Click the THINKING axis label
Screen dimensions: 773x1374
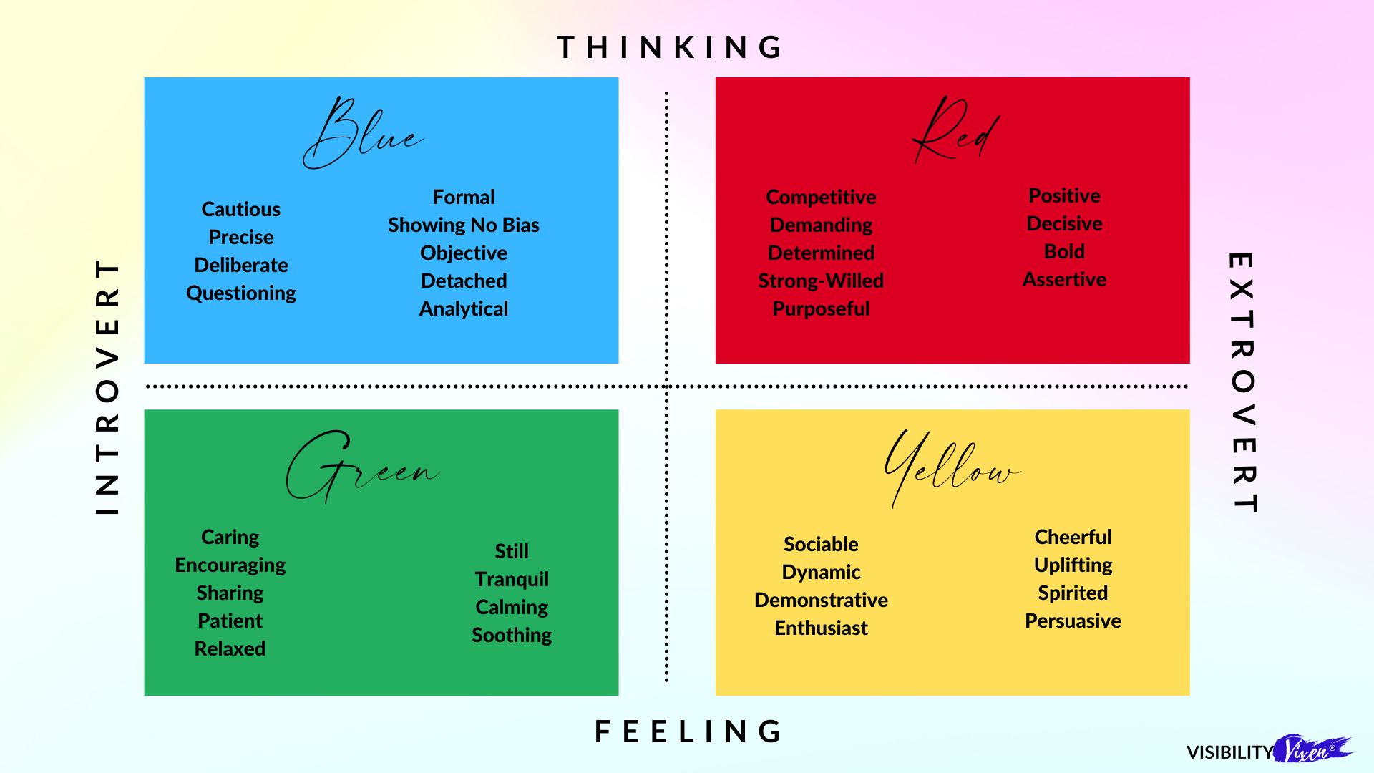tap(670, 47)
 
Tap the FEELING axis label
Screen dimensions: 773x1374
tap(688, 731)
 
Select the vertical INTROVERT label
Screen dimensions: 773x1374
tap(107, 386)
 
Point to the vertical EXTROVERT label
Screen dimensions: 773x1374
tap(1242, 382)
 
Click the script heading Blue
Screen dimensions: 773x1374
tap(363, 135)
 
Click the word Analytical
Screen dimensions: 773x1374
tap(464, 308)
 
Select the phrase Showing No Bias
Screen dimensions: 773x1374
tap(464, 225)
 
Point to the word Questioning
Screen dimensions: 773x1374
tap(241, 293)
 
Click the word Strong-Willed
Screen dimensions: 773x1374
tap(821, 281)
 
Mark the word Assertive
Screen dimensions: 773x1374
tap(1064, 279)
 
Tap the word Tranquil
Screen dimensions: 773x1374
tap(512, 579)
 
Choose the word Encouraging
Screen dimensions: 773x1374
tap(230, 565)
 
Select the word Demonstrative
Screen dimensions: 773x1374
tap(821, 600)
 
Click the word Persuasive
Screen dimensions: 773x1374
tap(1073, 621)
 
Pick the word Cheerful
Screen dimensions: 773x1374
tap(1073, 537)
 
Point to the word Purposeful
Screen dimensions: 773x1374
tap(821, 308)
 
